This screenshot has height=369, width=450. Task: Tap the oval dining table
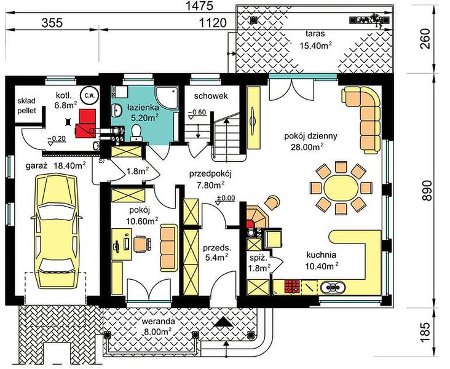[341, 188]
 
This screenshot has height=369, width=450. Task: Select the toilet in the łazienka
[135, 133]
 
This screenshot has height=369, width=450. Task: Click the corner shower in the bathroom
[167, 98]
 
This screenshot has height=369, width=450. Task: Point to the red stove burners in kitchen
[292, 287]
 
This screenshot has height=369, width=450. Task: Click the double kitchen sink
[333, 287]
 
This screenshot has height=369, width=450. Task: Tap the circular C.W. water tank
[89, 95]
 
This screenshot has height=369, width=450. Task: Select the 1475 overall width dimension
[199, 6]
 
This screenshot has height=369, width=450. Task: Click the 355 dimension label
[52, 23]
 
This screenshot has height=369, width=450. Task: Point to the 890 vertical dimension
[427, 191]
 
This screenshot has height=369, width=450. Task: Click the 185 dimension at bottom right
[427, 332]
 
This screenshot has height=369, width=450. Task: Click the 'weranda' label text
[158, 320]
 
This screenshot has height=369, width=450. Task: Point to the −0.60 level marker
[197, 113]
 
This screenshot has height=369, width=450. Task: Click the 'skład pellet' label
[26, 105]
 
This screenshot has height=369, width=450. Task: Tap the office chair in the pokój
[142, 244]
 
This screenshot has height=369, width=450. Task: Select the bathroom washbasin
[117, 110]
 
